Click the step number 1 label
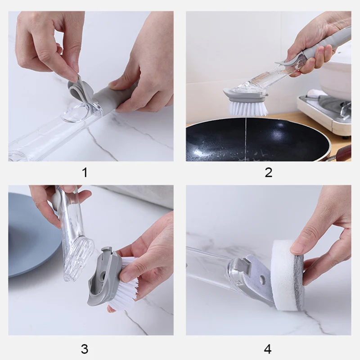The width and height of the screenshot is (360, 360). click(x=85, y=172)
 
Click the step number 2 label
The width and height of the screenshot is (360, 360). click(x=268, y=172)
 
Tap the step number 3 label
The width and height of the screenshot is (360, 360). click(x=85, y=349)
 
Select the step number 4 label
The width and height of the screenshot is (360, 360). click(x=268, y=349)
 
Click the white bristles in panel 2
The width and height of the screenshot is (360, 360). click(x=248, y=108)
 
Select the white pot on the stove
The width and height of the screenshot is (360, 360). click(x=335, y=76)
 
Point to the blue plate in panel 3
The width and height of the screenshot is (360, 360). click(x=35, y=234)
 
